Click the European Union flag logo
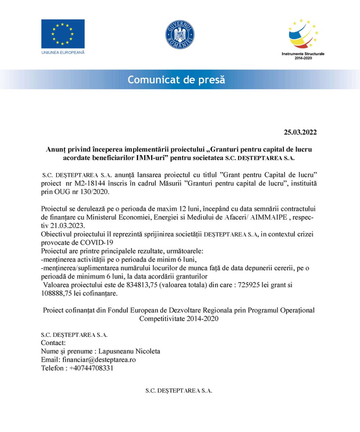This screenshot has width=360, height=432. coord(63,34)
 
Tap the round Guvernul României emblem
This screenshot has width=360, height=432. coord(180,35)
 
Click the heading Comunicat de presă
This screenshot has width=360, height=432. coord(176,80)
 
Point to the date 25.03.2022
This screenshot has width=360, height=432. coord(300,132)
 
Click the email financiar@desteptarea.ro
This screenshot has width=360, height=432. coord(99,360)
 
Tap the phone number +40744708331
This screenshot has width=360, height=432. coord(91,368)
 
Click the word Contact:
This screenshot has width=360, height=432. coord(53,343)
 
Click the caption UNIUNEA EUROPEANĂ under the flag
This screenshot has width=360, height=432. coord(63,53)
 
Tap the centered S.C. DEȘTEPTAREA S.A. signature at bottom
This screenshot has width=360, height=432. coord(179,391)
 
